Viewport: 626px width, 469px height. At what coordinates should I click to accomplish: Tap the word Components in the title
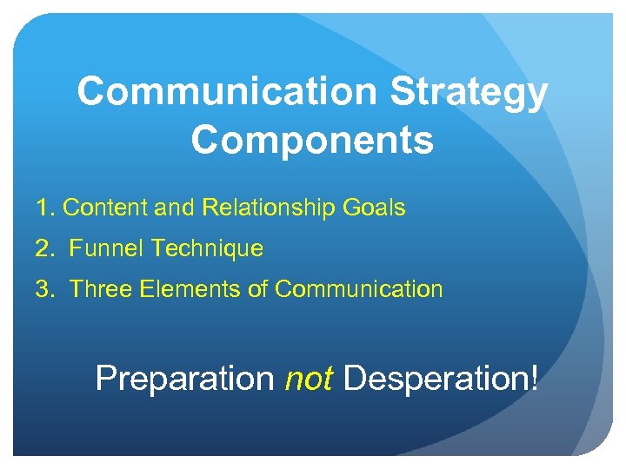coord(312,140)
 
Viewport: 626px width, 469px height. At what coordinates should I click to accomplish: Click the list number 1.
coord(43,208)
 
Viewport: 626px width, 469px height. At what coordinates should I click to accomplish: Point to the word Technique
coord(207,249)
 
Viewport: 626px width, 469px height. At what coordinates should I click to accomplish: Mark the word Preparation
coord(184,380)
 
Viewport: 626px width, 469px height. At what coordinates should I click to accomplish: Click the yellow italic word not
coord(309,380)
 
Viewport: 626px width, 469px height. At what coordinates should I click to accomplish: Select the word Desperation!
coord(440,380)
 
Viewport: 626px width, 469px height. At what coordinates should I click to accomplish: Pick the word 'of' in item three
coord(258,289)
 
